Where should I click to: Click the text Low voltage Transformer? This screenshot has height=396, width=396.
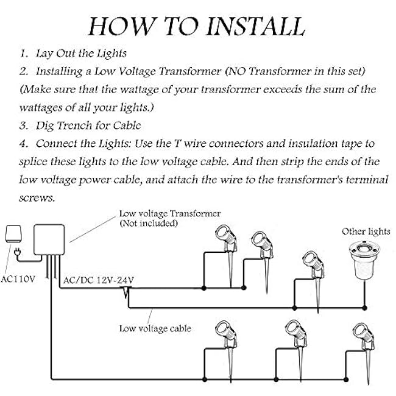coord(170,214)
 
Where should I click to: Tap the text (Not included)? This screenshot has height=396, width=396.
coord(149,224)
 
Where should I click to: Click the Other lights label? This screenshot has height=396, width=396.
coord(366,232)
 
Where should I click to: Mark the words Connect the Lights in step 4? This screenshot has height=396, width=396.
coord(74,144)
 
